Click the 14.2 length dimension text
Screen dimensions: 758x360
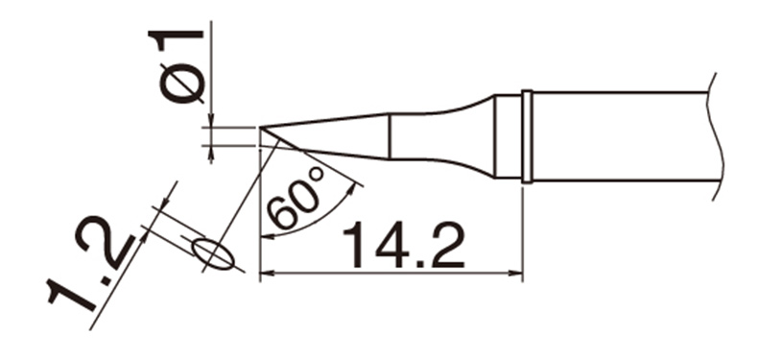(403, 245)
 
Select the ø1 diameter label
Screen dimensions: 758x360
(177, 67)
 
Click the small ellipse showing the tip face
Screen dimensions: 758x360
(213, 253)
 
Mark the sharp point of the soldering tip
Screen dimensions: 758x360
(260, 128)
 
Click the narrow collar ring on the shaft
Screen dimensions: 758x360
(528, 136)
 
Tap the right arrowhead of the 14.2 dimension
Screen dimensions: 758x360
(517, 274)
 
